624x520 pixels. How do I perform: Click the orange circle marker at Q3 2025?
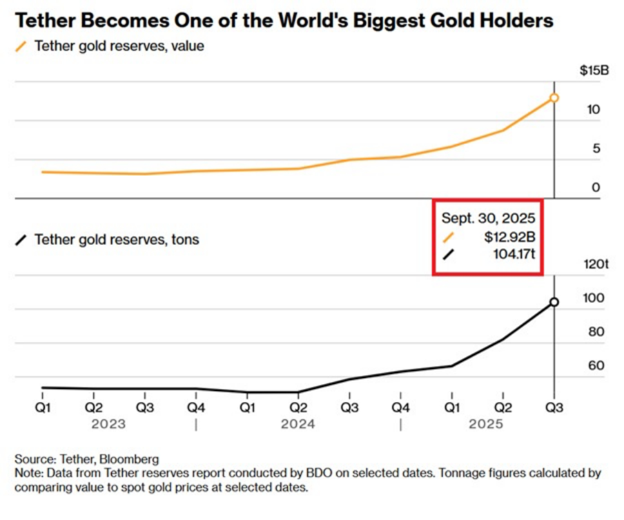(x=554, y=98)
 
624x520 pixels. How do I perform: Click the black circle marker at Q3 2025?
(x=554, y=302)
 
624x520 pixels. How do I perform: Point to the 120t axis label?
(x=596, y=264)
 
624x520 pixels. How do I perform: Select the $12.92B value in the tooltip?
(x=510, y=237)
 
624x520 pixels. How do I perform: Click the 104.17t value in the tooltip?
(x=514, y=254)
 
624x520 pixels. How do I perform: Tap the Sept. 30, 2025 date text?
(x=488, y=218)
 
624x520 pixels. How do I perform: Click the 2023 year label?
(x=108, y=424)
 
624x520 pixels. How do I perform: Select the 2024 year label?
(x=298, y=424)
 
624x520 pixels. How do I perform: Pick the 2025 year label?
(x=486, y=424)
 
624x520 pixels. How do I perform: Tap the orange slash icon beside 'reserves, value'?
(x=21, y=47)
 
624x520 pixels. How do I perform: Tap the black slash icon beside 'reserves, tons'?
(x=21, y=240)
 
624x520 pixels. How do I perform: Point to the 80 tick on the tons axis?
(x=596, y=332)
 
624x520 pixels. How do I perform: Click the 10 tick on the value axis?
(x=594, y=110)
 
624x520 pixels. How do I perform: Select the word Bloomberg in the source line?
(x=129, y=459)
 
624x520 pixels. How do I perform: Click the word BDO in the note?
(x=319, y=473)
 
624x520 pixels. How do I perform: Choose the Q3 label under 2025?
(x=554, y=408)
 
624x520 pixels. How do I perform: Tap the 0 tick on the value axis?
(x=596, y=187)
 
